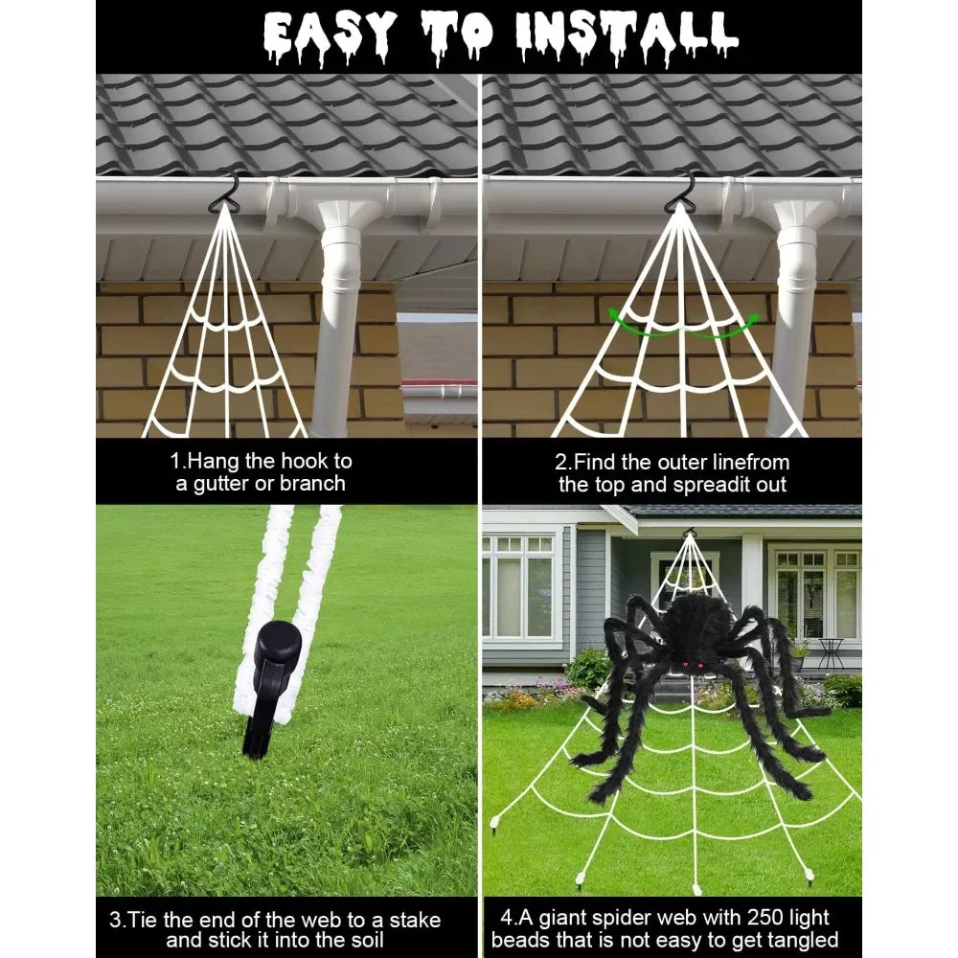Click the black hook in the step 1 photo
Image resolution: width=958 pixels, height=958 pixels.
pos(225,190)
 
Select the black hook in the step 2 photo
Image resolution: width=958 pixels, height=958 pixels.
pos(682,189)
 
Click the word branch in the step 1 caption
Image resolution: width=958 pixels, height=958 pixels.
pos(312,484)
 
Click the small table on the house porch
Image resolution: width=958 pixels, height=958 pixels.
pos(830,650)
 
